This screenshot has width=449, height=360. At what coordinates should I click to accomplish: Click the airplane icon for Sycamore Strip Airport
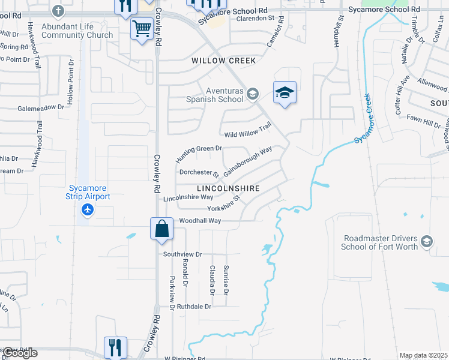click(88, 210)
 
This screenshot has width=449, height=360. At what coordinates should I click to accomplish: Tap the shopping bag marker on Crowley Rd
click(161, 228)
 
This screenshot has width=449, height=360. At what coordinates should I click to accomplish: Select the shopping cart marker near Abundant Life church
click(142, 28)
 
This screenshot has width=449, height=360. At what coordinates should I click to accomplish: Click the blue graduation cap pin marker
click(285, 92)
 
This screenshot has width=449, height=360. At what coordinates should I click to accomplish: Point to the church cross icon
click(58, 11)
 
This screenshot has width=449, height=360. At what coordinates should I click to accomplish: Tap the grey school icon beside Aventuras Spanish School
click(253, 93)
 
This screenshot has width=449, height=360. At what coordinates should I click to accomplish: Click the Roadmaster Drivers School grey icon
click(426, 241)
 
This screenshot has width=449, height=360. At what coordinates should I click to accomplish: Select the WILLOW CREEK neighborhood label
click(223, 61)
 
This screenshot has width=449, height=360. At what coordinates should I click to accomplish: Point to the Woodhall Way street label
click(200, 221)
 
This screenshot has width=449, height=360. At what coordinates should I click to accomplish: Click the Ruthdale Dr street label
click(191, 306)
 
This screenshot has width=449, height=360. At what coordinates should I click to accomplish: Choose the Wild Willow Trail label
click(247, 130)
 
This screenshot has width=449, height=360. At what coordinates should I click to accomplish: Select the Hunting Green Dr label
click(199, 154)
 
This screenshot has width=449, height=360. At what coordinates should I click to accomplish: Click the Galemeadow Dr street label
click(40, 107)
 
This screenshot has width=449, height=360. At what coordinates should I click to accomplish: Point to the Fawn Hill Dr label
click(423, 122)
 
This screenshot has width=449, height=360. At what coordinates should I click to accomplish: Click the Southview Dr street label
click(183, 254)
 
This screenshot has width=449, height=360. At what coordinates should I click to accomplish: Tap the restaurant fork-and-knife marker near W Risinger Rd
click(115, 347)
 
